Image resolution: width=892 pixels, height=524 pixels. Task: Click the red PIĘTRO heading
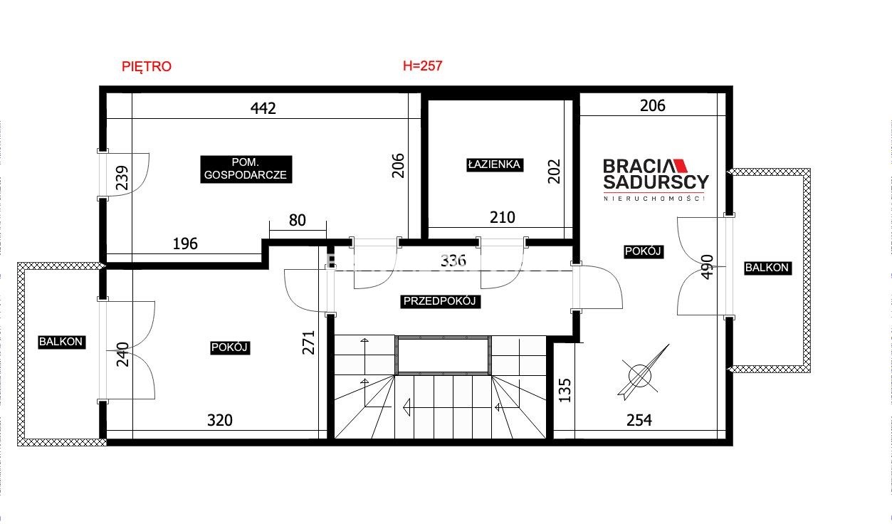click(x=147, y=66)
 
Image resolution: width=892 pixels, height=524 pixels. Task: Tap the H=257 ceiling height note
click(x=422, y=65)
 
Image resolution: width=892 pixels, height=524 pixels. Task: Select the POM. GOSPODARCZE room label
click(x=246, y=169)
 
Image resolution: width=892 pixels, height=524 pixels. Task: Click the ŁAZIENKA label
click(x=494, y=164)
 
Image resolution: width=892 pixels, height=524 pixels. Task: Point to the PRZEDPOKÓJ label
click(x=440, y=301)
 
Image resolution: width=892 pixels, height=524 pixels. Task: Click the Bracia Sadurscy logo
click(x=656, y=179)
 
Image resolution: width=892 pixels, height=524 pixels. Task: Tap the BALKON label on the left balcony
click(x=61, y=342)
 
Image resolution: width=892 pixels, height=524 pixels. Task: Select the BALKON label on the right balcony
click(x=767, y=268)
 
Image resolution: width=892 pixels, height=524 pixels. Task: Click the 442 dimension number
click(x=263, y=108)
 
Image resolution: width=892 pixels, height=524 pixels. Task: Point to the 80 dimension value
click(x=297, y=220)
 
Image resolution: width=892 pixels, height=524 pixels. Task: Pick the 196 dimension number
click(x=185, y=243)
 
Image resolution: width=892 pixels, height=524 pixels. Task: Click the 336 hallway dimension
click(x=453, y=261)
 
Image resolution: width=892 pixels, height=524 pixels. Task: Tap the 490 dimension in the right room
click(x=706, y=267)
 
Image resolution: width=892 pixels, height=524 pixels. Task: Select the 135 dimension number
click(x=565, y=390)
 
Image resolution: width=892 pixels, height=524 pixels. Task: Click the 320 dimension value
click(x=220, y=420)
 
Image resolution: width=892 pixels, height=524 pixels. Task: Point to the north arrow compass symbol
click(x=643, y=372)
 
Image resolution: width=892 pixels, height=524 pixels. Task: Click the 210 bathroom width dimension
click(x=502, y=217)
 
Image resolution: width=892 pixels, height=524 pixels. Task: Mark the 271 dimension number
click(x=309, y=342)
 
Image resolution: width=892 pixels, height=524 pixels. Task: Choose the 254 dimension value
click(x=639, y=420)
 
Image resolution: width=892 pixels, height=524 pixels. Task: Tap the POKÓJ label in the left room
click(x=230, y=347)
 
